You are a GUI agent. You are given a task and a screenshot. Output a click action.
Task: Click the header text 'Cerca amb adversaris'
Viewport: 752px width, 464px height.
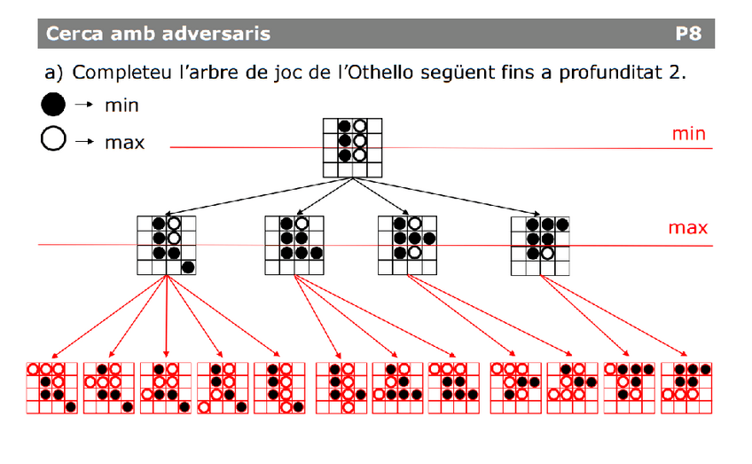click(159, 35)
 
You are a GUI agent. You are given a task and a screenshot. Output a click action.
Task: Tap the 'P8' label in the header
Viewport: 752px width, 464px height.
click(687, 35)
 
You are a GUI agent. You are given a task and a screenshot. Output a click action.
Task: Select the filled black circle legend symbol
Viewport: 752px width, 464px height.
click(53, 106)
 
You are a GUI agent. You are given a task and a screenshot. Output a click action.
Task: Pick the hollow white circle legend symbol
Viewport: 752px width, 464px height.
click(53, 140)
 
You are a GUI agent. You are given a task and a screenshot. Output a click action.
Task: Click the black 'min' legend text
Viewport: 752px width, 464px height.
click(121, 106)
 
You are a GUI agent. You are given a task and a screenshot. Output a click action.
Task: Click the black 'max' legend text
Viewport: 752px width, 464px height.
click(124, 141)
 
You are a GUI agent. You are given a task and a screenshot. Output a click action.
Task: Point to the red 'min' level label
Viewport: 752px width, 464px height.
click(688, 134)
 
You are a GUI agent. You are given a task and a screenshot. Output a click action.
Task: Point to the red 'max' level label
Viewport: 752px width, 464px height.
click(688, 229)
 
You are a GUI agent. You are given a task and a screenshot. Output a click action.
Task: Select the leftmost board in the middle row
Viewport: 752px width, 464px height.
click(167, 245)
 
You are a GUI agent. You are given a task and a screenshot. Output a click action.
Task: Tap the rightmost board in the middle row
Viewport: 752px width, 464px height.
click(541, 245)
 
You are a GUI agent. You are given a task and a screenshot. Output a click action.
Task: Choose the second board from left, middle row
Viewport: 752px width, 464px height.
click(294, 245)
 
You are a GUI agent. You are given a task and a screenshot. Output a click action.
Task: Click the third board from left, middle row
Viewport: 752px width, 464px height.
click(408, 245)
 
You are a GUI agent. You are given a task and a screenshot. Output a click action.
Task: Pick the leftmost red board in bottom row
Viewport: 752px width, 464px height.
click(51, 388)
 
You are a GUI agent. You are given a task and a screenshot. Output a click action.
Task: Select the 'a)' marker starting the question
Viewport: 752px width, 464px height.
click(56, 72)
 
